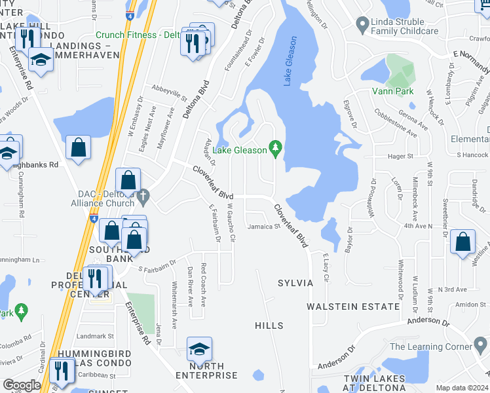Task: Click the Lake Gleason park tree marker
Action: [x=276, y=150]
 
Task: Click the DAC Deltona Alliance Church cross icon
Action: [x=143, y=195]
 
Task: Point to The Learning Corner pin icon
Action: [x=482, y=346]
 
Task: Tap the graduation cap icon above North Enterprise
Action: [x=199, y=350]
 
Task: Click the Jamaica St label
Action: [x=264, y=227]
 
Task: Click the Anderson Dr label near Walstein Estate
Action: [x=428, y=322]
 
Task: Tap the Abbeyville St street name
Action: [x=170, y=94]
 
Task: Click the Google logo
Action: [x=22, y=385]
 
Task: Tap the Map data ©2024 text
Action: [x=462, y=388]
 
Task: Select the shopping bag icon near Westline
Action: [x=463, y=242]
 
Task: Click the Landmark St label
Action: [x=95, y=336]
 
